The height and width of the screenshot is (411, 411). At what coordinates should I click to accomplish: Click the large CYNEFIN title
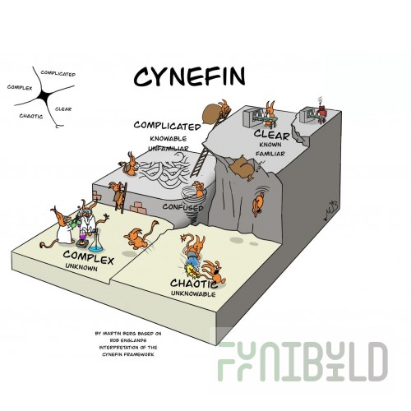point(189,77)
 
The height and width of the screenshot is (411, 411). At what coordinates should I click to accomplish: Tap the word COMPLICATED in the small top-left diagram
point(58,73)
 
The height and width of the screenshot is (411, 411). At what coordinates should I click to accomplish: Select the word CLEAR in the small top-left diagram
point(63,109)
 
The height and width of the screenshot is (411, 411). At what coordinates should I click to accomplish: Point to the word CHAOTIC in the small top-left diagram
point(31,116)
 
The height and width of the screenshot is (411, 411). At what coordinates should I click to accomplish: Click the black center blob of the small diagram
point(45,96)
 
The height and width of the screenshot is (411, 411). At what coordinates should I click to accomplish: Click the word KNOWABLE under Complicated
point(169,139)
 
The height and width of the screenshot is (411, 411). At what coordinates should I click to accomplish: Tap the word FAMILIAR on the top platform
point(270,154)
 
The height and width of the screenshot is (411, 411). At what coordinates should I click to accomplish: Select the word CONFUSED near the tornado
point(182,207)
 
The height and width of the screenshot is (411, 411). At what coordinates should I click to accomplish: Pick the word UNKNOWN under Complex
point(81,266)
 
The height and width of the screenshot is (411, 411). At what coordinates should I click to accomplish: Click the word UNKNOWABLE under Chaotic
point(193,294)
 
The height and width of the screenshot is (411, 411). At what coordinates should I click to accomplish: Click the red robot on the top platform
point(321,112)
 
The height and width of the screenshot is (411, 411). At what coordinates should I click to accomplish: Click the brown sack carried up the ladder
point(212,113)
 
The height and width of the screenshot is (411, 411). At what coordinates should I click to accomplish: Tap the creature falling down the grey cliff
point(258,203)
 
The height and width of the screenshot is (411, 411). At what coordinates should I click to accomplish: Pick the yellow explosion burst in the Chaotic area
point(192,270)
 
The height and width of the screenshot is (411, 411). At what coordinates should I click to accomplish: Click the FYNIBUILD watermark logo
point(302,361)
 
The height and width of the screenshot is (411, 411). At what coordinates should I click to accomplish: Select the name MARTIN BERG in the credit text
point(119,334)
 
